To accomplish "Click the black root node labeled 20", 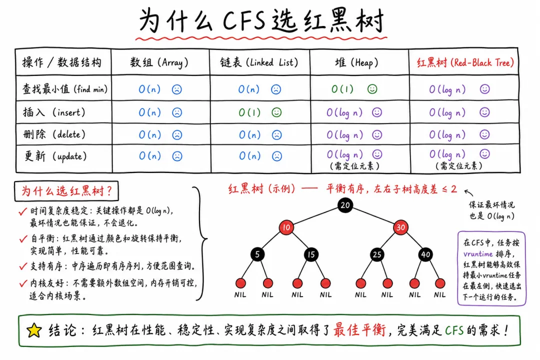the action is tap(344, 205).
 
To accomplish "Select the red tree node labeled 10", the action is tap(286, 227).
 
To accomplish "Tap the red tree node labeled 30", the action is tap(400, 227).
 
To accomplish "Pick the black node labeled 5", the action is tap(257, 254).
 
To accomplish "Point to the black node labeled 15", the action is tap(311, 254).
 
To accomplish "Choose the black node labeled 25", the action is tap(377, 254).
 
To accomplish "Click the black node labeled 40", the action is tap(425, 254).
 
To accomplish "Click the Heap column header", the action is tap(356, 62).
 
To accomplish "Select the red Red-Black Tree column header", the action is tap(465, 62).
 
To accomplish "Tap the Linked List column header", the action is tap(259, 62).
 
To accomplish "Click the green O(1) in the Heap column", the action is tap(342, 89).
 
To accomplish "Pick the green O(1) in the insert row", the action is tap(249, 112).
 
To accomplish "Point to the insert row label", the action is tap(54, 112).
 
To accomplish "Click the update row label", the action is tap(55, 156).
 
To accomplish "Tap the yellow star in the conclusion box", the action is tap(34, 330).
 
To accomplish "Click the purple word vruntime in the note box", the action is tap(478, 254).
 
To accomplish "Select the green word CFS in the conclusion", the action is tap(454, 330).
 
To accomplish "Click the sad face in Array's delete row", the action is tap(177, 134).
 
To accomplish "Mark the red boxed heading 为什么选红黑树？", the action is tap(66, 191).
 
